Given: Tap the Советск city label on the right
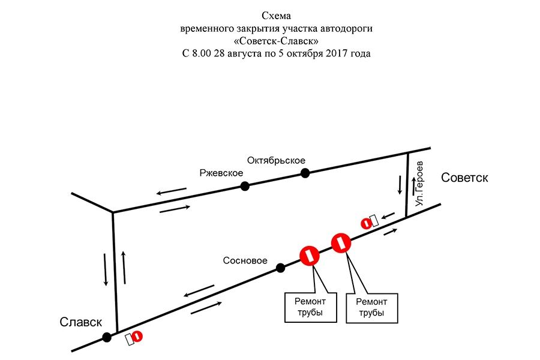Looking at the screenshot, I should click(x=464, y=178).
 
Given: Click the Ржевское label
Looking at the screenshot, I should click(x=221, y=173).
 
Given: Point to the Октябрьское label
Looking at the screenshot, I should click(x=276, y=160).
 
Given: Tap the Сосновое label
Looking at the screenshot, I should click(x=244, y=261).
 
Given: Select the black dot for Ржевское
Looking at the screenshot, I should click(x=245, y=186).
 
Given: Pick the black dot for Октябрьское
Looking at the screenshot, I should click(x=305, y=173).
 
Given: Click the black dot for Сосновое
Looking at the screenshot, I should click(x=280, y=268).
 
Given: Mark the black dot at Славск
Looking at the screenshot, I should click(x=106, y=337).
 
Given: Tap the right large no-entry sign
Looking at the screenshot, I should click(x=340, y=242).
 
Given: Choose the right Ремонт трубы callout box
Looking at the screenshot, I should click(x=371, y=307).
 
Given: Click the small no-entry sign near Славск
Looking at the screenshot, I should click(x=137, y=337).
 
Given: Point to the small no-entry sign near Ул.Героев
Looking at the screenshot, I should click(x=365, y=223).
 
